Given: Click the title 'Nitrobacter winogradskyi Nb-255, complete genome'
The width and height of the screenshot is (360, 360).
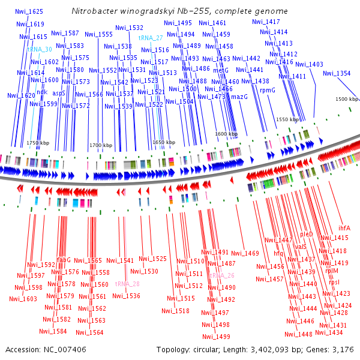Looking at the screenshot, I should click(179, 11).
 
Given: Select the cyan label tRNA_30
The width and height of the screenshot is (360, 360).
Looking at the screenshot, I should click(39, 49).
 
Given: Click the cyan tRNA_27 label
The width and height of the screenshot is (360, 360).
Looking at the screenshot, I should click(151, 37).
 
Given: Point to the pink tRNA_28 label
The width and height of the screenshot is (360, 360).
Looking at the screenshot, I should click(127, 284).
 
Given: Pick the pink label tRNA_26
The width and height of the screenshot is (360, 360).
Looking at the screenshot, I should click(222, 275).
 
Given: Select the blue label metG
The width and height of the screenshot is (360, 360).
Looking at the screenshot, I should click(221, 70).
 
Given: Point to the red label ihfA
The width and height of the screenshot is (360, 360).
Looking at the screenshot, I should click(344, 227).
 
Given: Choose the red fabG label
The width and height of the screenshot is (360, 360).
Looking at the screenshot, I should click(64, 260).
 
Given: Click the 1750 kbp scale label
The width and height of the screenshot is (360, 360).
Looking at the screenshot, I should click(36, 143).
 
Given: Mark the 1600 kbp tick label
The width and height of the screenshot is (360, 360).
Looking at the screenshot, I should click(226, 134).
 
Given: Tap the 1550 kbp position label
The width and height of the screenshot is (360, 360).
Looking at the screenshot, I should click(287, 119).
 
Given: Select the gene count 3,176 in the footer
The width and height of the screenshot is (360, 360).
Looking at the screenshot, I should click(342, 349).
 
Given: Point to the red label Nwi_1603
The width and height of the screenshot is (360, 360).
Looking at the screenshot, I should click(23, 299).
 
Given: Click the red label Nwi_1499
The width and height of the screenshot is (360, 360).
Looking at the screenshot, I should click(216, 337).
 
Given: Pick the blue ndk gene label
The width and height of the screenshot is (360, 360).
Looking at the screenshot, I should click(42, 92).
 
